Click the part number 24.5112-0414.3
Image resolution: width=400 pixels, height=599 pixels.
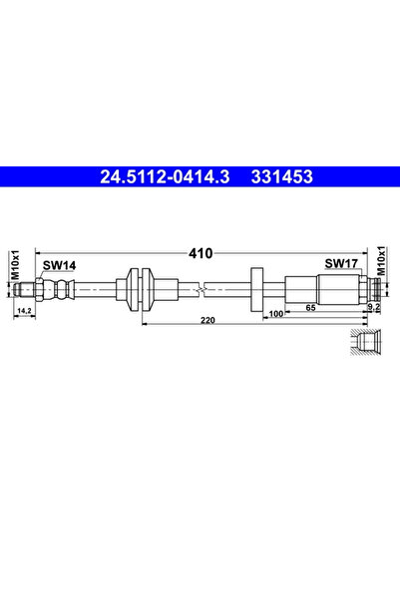[165, 176]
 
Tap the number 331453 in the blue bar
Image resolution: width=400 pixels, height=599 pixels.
[282, 176]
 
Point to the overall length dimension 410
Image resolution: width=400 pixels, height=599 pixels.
[200, 253]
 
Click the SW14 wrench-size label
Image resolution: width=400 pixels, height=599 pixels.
[59, 265]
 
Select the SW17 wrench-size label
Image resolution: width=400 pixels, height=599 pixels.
[341, 263]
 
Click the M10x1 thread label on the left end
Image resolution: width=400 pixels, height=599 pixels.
[15, 265]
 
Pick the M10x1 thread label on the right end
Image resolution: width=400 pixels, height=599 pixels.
[381, 260]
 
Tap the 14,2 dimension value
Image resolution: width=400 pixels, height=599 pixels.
[24, 311]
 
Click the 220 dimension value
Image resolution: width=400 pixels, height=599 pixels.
[208, 320]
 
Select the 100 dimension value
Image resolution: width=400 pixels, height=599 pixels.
[276, 314]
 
